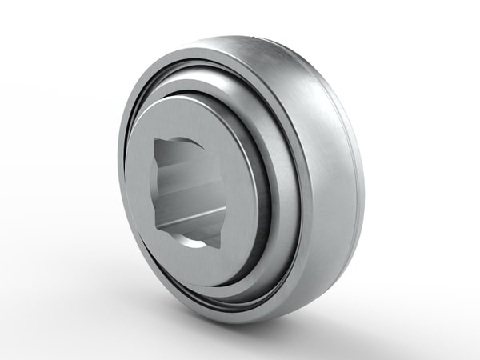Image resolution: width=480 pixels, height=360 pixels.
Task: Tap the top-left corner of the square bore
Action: coord(157,142)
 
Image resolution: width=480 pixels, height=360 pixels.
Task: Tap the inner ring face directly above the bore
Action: coord(192,120)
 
